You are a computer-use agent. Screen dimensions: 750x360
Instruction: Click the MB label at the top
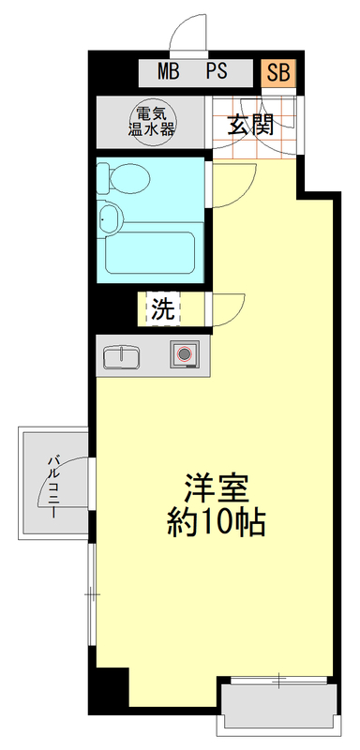(169, 71)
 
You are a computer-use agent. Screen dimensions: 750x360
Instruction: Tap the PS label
(217, 71)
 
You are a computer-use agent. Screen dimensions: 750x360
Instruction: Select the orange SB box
(278, 71)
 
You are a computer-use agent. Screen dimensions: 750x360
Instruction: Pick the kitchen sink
(121, 357)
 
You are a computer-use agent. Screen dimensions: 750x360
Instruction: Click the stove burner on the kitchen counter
(184, 355)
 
